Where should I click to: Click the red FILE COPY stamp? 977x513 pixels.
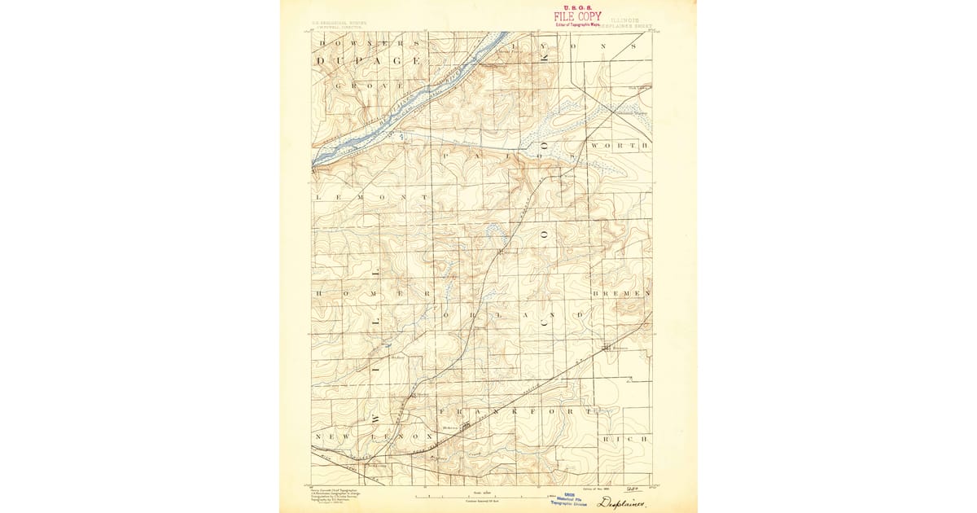[x=578, y=15]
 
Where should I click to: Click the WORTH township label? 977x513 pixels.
[x=620, y=145]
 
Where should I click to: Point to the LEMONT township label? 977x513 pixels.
[x=370, y=198]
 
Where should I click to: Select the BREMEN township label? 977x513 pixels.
[x=622, y=292]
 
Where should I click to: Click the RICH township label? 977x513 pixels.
[x=625, y=439]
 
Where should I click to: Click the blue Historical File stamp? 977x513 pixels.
[x=571, y=498]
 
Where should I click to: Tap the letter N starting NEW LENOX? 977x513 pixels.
[x=318, y=437]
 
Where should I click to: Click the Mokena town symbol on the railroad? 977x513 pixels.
[x=465, y=425]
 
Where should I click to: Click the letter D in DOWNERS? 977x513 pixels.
[x=322, y=42]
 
